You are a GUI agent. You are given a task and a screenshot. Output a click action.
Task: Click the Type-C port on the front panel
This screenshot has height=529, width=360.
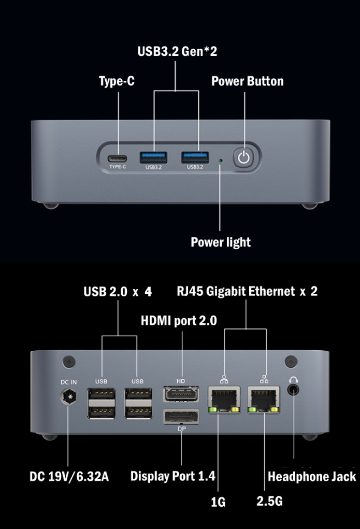coord(118,158)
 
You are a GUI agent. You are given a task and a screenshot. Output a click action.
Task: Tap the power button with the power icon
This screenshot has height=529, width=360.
coord(244,158)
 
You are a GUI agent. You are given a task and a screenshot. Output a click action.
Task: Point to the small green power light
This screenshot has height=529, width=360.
coord(221,161)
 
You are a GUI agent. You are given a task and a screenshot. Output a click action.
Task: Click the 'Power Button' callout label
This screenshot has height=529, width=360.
coord(248,81)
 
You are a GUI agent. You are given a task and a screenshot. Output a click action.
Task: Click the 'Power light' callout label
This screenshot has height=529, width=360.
coord(221,242)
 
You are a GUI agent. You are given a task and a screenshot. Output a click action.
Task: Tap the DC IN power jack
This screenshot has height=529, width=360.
coord(68,398)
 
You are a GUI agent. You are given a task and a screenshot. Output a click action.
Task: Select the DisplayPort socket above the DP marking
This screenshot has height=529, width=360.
coord(181,418)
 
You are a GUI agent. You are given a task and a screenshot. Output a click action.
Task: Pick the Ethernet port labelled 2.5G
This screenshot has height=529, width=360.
coord(264,399)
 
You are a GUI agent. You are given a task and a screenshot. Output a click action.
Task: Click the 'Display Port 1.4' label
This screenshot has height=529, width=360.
coord(172,476)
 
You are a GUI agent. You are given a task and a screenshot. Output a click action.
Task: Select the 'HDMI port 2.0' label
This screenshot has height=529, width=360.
coord(179,321)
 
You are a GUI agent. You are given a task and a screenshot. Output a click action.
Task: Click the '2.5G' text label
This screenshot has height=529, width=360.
coord(270,502)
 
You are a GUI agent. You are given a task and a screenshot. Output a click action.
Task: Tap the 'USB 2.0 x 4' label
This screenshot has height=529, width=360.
coord(118,292)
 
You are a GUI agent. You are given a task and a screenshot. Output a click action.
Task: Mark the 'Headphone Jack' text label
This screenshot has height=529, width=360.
coord(312,477)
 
